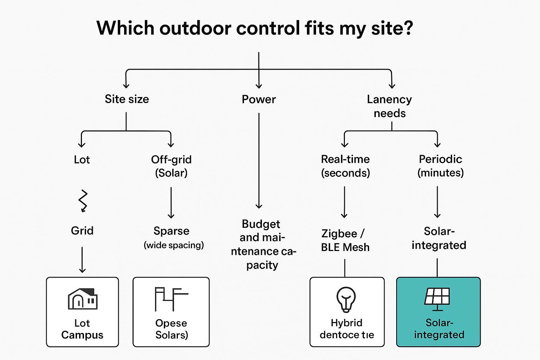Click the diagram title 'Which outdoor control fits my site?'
click(255, 28)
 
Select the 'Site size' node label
click(127, 99)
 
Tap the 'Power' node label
click(259, 99)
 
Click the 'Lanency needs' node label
click(390, 106)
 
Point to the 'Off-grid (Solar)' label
click(171, 166)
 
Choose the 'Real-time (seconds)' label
click(345, 166)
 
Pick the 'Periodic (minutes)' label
click(441, 166)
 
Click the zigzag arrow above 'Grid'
click(83, 201)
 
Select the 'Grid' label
click(82, 231)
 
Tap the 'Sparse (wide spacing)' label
click(173, 237)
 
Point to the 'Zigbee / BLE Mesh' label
click(345, 240)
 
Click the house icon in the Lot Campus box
click(83, 299)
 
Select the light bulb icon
click(346, 299)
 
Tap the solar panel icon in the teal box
click(437, 298)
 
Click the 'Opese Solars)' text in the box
click(171, 329)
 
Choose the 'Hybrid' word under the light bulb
click(346, 323)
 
